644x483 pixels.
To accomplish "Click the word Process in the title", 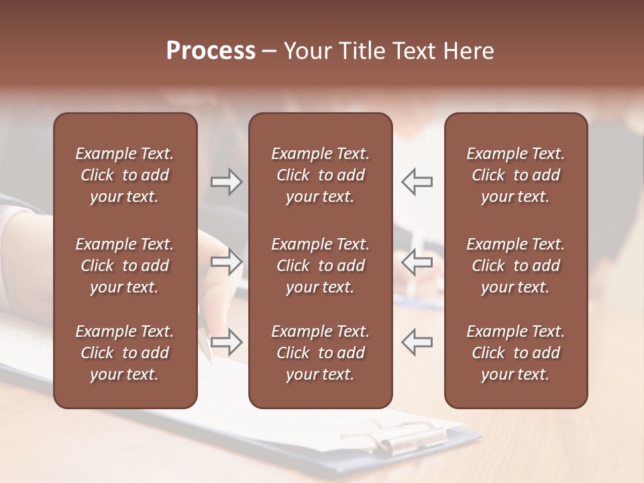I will pos(211,51).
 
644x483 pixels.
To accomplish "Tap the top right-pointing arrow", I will pos(227,182).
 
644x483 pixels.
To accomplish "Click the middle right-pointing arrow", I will pos(227,262).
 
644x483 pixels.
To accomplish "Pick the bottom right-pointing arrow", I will pos(227,341).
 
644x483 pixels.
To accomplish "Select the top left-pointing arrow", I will pos(417,182).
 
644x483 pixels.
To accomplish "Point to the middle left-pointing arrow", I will pos(417,262).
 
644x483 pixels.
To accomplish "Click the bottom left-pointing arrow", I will pos(417,341).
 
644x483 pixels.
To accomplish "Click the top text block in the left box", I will pos(125,175).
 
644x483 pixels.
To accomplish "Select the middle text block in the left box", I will pos(125,266).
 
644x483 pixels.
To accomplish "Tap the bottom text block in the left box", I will pos(125,353).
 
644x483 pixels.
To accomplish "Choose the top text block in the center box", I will pos(320,175).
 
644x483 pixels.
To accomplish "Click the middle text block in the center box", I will pos(320,266).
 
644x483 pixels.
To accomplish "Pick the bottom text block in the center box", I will pos(320,353).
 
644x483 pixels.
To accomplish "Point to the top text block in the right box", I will pos(515,175).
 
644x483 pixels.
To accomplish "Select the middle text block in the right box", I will pos(515,266).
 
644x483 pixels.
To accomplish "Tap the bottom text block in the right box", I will pos(515,353).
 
